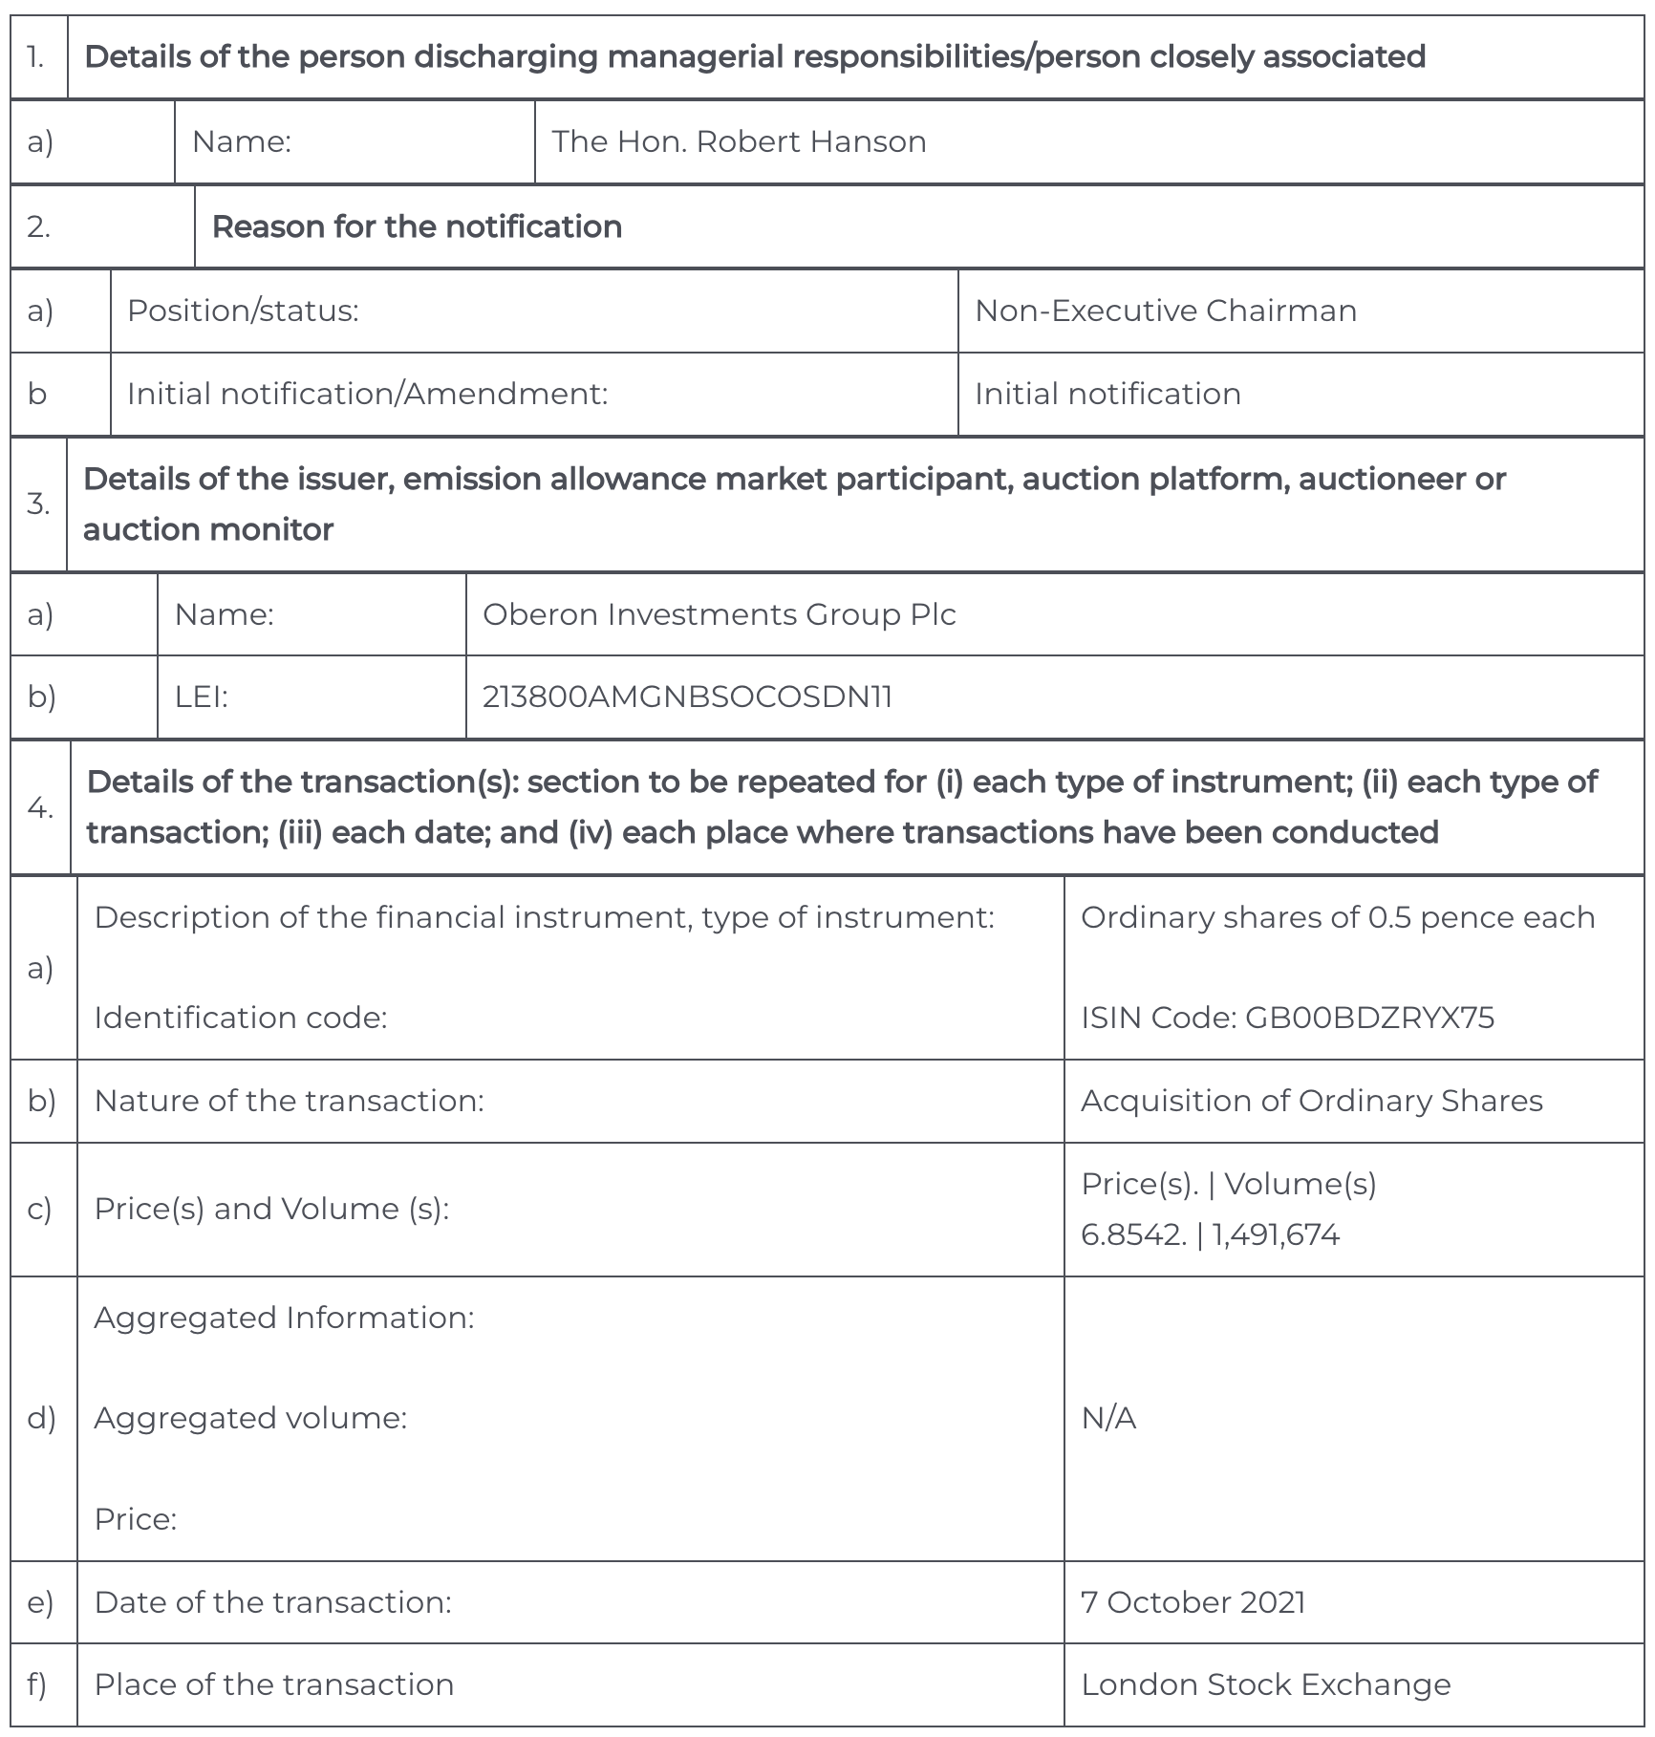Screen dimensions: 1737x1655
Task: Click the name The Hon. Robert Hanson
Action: (739, 141)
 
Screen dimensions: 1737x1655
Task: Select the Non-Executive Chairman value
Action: (1165, 311)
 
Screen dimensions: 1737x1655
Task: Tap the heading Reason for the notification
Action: (417, 226)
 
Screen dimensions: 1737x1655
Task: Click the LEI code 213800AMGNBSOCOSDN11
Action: (687, 697)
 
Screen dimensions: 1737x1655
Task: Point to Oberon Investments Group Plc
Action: (719, 613)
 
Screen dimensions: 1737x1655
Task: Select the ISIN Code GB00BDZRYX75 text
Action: (1287, 1018)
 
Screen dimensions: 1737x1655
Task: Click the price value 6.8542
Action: (1132, 1234)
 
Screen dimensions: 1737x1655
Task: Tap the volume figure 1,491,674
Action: (1276, 1234)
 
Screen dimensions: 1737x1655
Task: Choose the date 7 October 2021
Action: (1193, 1602)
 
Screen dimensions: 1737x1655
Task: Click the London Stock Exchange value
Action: (1265, 1684)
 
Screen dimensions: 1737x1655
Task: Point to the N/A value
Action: (1108, 1418)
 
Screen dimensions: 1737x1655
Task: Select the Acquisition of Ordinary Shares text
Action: (1311, 1101)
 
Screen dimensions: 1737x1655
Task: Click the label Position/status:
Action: (243, 311)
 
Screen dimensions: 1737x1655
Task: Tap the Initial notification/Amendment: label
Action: (367, 394)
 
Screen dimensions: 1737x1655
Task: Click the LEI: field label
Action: (201, 697)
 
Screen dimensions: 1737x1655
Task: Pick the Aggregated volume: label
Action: (250, 1418)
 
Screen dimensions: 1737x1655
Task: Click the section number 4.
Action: (40, 807)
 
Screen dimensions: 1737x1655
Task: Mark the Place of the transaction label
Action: (273, 1684)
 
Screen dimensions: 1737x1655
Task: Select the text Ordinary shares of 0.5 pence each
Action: (1338, 917)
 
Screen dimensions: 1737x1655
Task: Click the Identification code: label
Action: (240, 1018)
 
